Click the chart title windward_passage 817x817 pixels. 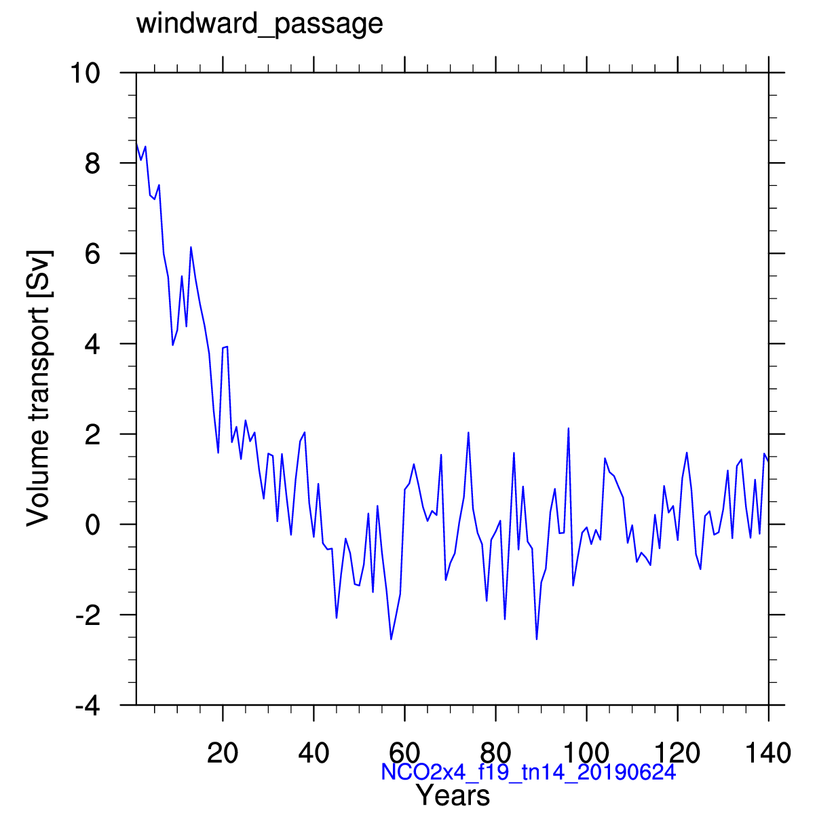coord(260,24)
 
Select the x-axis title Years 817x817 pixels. coord(453,795)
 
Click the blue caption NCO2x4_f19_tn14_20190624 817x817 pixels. coord(529,772)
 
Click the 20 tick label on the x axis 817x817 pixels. coord(223,753)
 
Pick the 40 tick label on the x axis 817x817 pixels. coord(313,753)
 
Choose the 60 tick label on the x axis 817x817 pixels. coord(404,753)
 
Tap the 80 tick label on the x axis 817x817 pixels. coord(496,753)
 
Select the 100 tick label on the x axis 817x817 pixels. coord(587,753)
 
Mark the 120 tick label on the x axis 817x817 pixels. coord(678,753)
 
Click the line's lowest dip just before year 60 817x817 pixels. coord(391,639)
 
